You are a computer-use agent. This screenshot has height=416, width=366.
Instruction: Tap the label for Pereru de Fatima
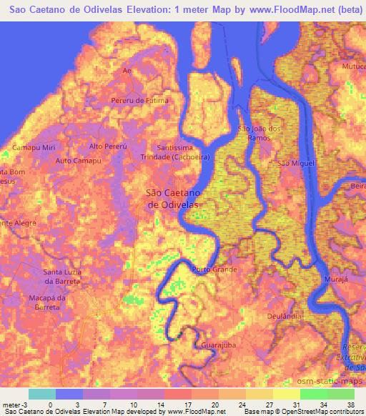pos(140,100)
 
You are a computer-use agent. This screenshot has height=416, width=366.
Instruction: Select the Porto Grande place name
pos(214,269)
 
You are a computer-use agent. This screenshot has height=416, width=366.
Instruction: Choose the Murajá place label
pos(335,279)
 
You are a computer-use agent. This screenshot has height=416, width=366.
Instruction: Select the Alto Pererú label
pos(107,146)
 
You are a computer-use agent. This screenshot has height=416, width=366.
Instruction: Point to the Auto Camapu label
pos(78,161)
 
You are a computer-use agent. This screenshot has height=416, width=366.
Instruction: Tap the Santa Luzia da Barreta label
pos(63,277)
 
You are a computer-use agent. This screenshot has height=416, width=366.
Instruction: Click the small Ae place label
pos(128,71)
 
